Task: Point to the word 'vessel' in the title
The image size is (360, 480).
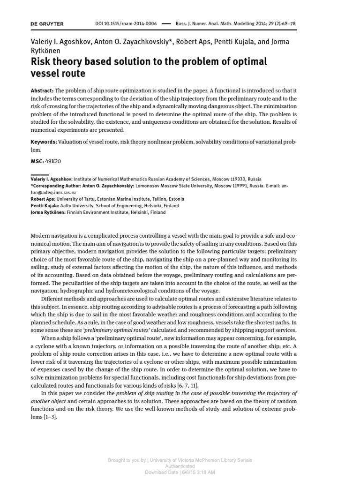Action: click(x=46, y=74)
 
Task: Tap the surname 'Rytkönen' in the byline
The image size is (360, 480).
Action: click(x=45, y=50)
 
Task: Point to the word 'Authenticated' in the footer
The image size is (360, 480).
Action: click(x=180, y=466)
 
